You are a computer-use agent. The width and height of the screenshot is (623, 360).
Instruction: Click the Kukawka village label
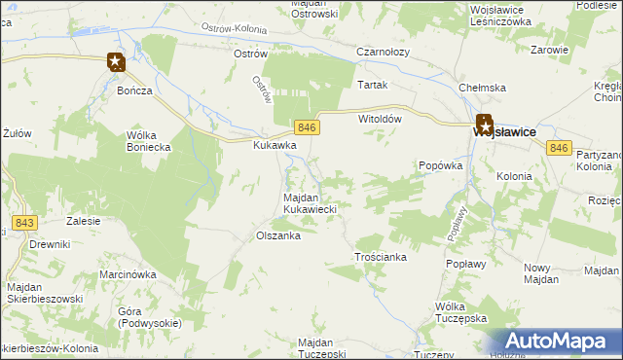(x=275, y=145)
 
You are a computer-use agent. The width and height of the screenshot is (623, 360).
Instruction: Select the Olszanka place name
(x=277, y=235)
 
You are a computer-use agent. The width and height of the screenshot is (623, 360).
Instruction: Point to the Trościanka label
(x=380, y=258)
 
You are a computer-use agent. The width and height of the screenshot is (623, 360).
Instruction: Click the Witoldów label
(x=381, y=118)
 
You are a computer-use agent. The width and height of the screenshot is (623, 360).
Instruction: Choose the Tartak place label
(x=373, y=85)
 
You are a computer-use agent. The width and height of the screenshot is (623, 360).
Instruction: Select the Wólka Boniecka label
(x=149, y=141)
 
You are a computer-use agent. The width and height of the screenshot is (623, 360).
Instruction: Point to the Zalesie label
(x=84, y=221)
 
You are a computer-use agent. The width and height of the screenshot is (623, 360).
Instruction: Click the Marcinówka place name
(x=128, y=274)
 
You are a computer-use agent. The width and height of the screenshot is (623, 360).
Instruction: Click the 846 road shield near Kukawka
(x=306, y=127)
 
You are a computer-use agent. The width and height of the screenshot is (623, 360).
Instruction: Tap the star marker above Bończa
(x=115, y=63)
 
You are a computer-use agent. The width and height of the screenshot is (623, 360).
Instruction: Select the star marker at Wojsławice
(x=484, y=124)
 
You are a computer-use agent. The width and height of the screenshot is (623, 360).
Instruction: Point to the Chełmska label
(x=483, y=88)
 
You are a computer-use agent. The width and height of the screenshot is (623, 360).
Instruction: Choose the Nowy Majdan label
(x=538, y=273)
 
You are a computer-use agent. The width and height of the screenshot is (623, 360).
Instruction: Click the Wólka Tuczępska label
(x=460, y=312)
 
